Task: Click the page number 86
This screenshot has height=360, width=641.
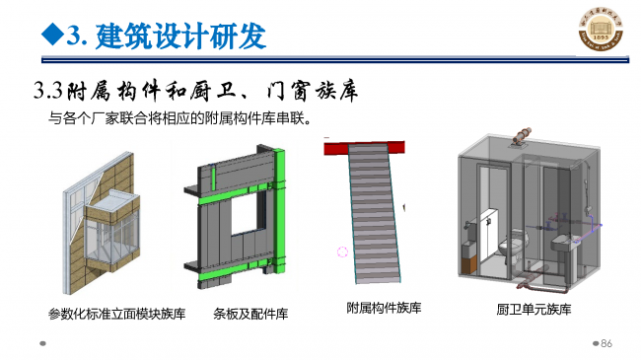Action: point(606,343)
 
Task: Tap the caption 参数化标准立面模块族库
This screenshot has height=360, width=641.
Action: point(117,314)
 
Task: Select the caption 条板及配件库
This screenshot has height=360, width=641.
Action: point(250,315)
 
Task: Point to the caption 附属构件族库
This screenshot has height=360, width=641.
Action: point(384,309)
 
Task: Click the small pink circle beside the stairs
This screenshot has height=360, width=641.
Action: point(342,252)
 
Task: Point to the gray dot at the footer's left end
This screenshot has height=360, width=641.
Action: point(42,344)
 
